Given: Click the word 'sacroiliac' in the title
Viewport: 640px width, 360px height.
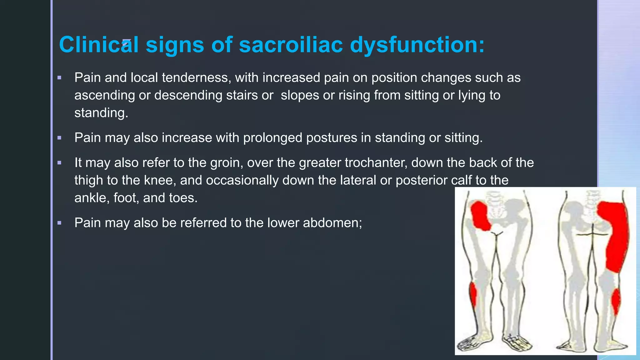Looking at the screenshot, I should tap(291, 44).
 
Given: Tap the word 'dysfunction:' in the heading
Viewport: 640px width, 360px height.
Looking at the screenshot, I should tap(417, 44).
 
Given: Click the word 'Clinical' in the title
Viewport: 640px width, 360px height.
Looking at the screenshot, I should tap(99, 44).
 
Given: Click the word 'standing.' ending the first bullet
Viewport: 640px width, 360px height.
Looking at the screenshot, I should tap(101, 112).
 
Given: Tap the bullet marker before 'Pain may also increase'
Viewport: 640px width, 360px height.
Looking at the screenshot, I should tap(59, 137).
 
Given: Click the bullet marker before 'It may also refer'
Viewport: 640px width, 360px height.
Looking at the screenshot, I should tap(59, 162).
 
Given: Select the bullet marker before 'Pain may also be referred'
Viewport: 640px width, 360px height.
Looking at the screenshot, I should tap(59, 223).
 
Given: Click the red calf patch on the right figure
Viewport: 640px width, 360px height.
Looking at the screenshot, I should tap(616, 302).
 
